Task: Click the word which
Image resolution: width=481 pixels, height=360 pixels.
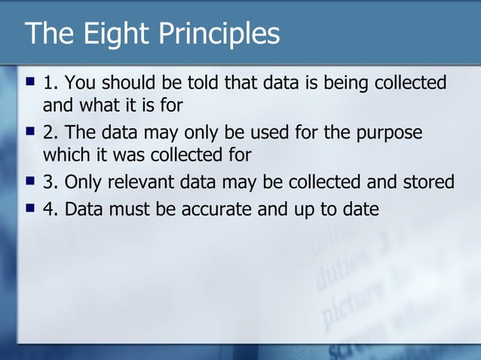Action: point(65,155)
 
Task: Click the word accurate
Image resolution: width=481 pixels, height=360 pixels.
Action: point(218,209)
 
